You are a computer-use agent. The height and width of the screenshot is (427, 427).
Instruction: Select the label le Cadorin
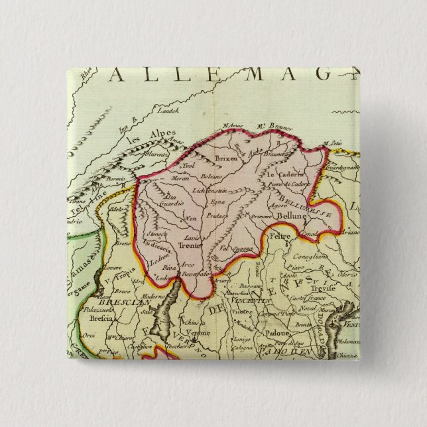pos(284,173)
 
